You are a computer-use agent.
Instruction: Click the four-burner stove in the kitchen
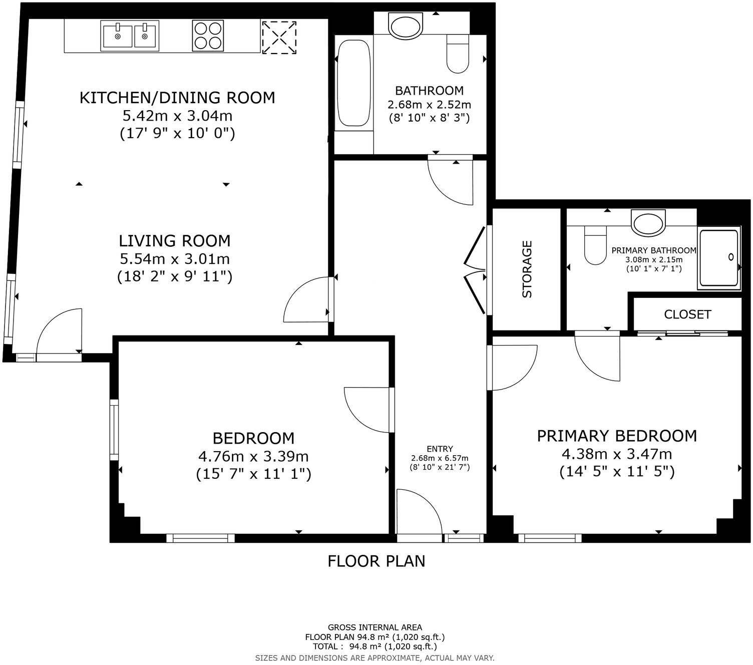207,36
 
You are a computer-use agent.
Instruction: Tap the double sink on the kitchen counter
130,36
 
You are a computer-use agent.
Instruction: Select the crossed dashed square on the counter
279,37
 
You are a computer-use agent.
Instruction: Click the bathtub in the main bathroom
353,84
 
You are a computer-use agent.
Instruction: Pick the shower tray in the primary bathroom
718,259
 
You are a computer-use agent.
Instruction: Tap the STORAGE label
527,269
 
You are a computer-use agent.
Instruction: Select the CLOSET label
687,314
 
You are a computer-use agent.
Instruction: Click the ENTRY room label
440,449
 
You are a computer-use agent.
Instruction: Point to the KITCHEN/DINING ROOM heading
177,98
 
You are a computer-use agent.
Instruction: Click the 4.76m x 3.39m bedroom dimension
253,457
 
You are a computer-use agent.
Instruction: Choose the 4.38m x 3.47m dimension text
617,455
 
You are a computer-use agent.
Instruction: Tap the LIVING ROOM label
175,241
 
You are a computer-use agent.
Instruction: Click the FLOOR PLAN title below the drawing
376,561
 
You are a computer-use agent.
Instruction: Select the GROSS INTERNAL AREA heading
374,627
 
